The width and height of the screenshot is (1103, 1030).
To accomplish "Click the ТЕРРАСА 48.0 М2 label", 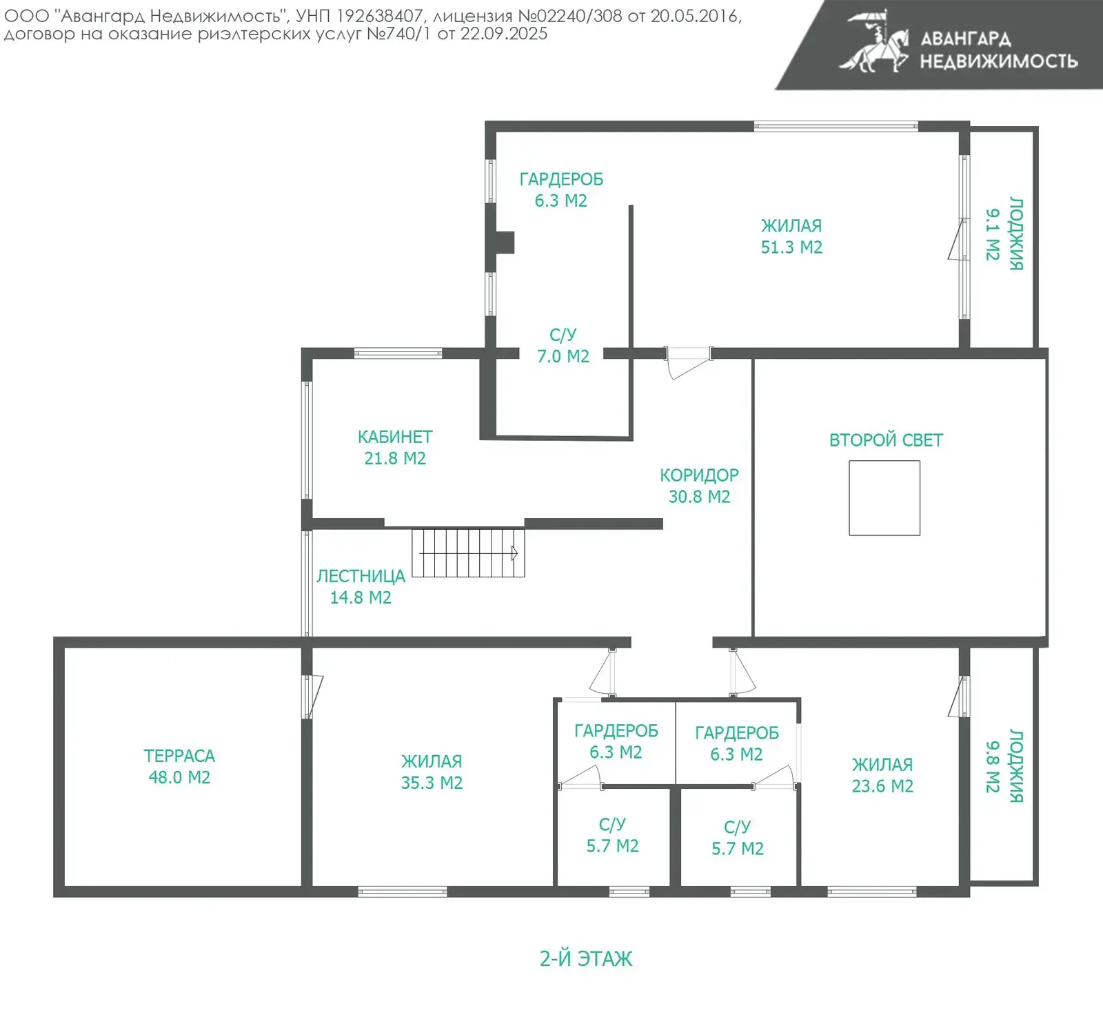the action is coord(179,766).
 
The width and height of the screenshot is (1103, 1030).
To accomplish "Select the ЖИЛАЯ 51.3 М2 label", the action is coord(791,236).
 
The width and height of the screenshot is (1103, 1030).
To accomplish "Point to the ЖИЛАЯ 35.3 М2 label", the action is coord(432,772).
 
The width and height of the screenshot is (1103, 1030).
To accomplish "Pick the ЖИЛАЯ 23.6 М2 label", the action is coord(882,775).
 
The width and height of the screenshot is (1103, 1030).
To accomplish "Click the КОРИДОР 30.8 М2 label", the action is coord(699,486).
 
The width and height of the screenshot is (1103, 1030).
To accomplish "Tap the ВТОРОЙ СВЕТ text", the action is coord(886,440).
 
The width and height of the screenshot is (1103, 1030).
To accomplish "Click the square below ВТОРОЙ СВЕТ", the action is coord(884,498).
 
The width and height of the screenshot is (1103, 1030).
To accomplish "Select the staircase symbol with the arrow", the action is coord(468,553).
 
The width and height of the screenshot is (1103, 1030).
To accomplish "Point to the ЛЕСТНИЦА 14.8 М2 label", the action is coord(361,586).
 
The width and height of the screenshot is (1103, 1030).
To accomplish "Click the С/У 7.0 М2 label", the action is coord(563,345).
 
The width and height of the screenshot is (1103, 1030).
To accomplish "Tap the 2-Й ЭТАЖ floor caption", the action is coord(586,958).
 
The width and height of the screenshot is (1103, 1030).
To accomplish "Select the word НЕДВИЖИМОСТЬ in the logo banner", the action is coord(999,61).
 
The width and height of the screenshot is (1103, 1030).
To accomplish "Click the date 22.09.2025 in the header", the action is coord(504,34).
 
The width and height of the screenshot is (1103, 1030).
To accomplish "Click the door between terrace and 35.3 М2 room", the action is coord(312,697).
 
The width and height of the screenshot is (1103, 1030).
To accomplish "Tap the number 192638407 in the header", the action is coord(379,16).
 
